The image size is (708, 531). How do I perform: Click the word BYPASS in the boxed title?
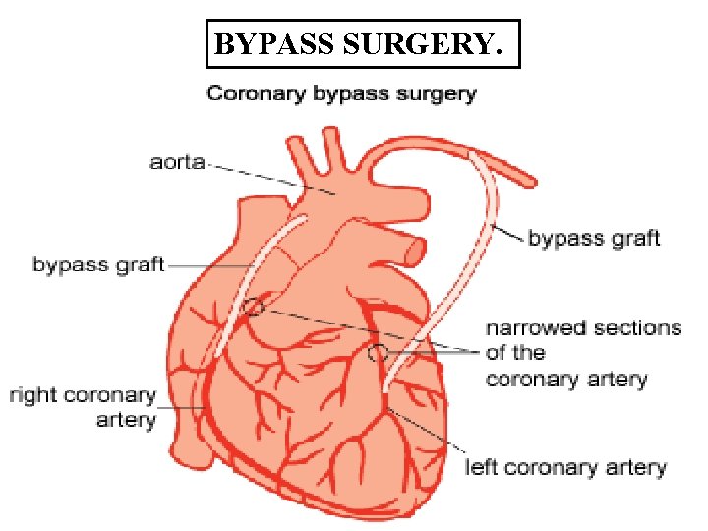pyautogui.click(x=265, y=44)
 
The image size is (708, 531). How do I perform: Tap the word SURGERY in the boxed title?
pyautogui.click(x=413, y=44)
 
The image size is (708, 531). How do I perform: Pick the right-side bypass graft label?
pyautogui.click(x=594, y=238)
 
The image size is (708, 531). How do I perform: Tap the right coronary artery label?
pyautogui.click(x=84, y=407)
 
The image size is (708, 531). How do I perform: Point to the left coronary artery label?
pyautogui.click(x=564, y=468)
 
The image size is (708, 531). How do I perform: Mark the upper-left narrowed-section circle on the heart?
pyautogui.click(x=255, y=306)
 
